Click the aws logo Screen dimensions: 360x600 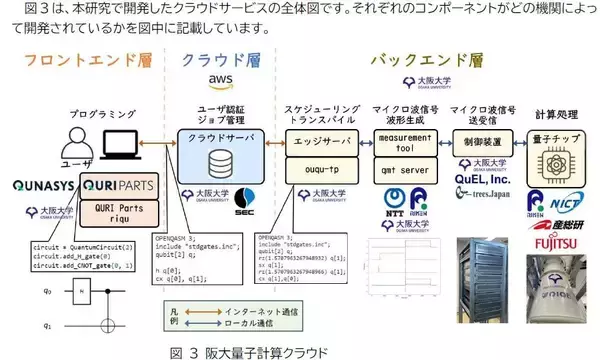219,80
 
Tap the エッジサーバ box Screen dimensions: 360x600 321,138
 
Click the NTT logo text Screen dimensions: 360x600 393,211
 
